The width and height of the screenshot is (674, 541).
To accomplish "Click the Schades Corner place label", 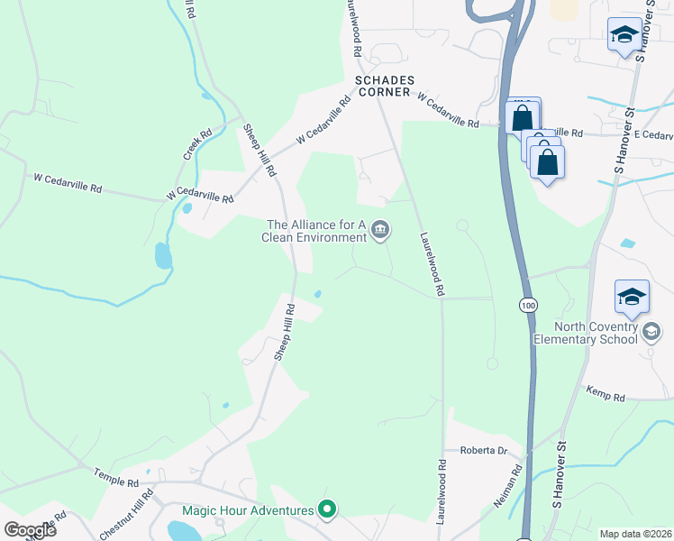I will [384, 87].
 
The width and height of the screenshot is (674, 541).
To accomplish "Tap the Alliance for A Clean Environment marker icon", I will [380, 232].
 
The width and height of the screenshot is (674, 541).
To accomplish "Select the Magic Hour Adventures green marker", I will [327, 510].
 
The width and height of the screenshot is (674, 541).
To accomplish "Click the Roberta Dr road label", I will [485, 450].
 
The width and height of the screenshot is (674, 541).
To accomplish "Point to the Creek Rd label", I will [197, 144].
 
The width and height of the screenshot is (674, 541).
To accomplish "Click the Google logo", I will [30, 530].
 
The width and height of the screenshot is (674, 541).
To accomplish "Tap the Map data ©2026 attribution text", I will [635, 534].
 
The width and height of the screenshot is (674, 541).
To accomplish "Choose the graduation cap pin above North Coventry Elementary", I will [632, 297].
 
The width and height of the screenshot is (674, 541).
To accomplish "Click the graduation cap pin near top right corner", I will [624, 35].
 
